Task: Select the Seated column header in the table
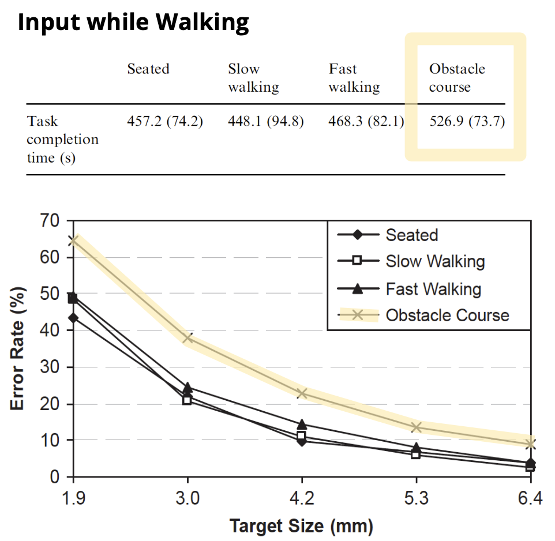pyautogui.click(x=148, y=69)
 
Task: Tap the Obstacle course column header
pyautogui.click(x=457, y=78)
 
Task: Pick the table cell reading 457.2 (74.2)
pyautogui.click(x=164, y=122)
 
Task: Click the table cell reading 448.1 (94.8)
pyautogui.click(x=265, y=122)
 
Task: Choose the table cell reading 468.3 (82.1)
pyautogui.click(x=366, y=122)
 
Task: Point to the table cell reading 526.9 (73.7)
pyautogui.click(x=467, y=122)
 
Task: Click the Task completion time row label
pyautogui.click(x=62, y=140)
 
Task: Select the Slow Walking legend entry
pyautogui.click(x=435, y=261)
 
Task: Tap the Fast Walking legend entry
pyautogui.click(x=433, y=288)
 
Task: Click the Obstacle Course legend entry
pyautogui.click(x=447, y=315)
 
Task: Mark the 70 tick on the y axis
pyautogui.click(x=50, y=220)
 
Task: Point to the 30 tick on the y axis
pyautogui.click(x=50, y=367)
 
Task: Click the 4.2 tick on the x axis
pyautogui.click(x=302, y=498)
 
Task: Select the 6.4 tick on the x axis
pyautogui.click(x=530, y=498)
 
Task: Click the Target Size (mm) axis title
pyautogui.click(x=301, y=526)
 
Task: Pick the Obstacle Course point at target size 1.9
pyautogui.click(x=73, y=241)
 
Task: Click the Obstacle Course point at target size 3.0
pyautogui.click(x=187, y=338)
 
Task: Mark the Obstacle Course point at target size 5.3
pyautogui.click(x=416, y=427)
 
